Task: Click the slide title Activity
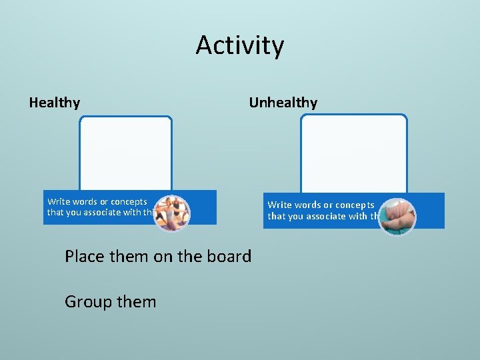[240, 45]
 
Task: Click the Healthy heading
[55, 103]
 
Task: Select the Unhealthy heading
[283, 103]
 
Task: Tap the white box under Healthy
[125, 153]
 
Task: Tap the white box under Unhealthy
[353, 153]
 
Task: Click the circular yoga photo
[172, 213]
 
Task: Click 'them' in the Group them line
[136, 302]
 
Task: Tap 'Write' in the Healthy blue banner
[59, 202]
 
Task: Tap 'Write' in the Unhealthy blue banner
[279, 205]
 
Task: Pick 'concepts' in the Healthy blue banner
[129, 202]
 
